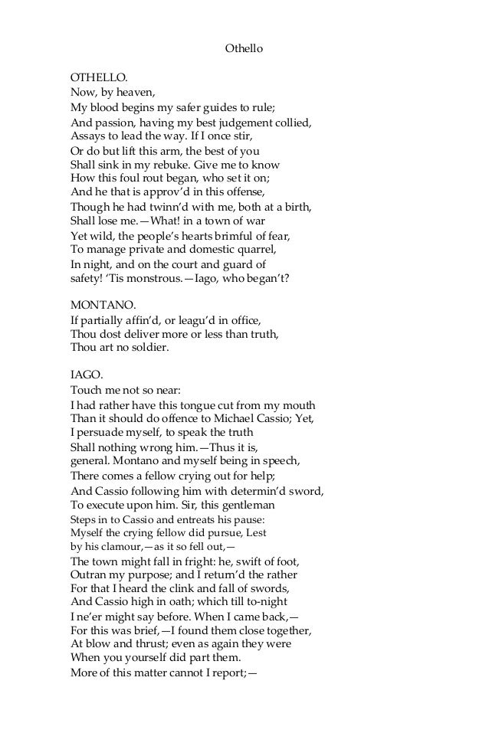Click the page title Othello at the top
coord(244,48)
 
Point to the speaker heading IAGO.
coord(86,376)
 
